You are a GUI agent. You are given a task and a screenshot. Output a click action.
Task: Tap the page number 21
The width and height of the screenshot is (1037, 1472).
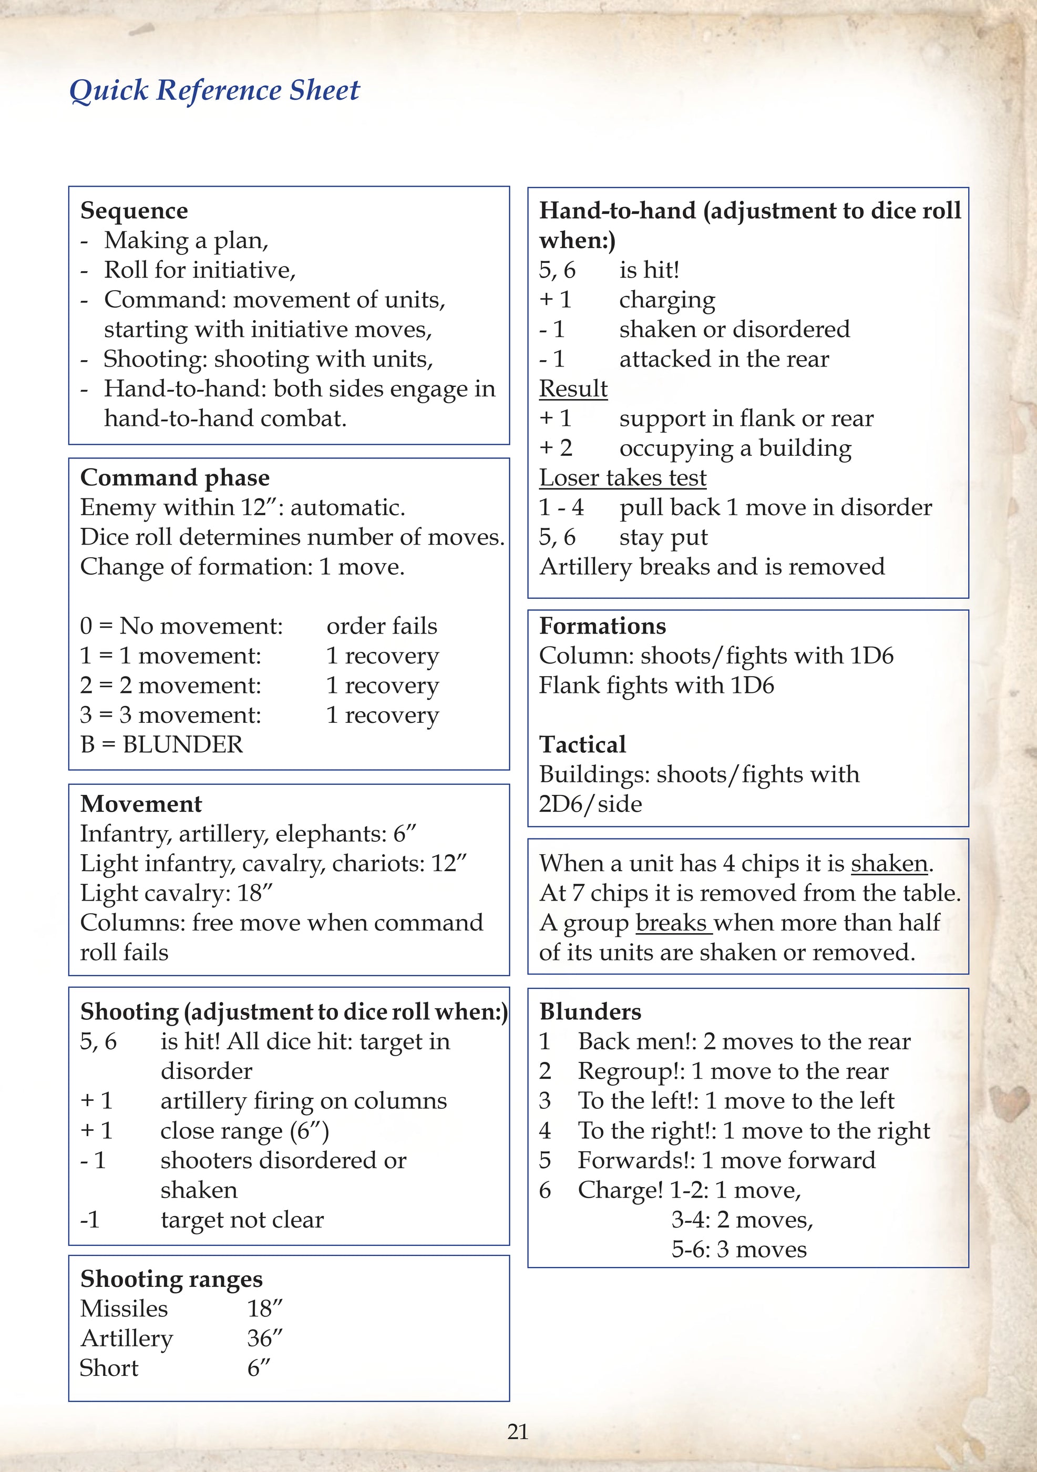point(517,1432)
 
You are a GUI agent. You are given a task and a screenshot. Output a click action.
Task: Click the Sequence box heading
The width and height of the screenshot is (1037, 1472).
point(134,210)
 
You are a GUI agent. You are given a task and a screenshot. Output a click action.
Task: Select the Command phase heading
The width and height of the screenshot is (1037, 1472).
point(174,478)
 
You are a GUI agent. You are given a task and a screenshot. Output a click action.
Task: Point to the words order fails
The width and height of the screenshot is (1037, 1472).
point(382,626)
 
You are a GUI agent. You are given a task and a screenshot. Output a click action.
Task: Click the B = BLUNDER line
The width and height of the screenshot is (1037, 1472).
point(161,744)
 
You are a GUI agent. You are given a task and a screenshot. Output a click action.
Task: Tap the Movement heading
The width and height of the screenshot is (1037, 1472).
point(141,804)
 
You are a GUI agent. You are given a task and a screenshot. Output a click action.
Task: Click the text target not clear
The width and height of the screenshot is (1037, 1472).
point(242,1220)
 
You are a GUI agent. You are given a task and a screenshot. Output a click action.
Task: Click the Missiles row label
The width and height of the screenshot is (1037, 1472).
point(124,1309)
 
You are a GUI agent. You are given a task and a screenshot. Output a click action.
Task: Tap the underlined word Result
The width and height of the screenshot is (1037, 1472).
point(573,389)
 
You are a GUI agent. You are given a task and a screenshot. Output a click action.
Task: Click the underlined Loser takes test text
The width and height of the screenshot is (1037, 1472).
point(622,478)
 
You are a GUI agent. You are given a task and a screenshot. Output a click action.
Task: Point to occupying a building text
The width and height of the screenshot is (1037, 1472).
point(735,448)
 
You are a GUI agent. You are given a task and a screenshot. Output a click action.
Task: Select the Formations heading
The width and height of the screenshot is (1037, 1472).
point(602,626)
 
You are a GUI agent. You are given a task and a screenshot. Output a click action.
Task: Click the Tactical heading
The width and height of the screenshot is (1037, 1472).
point(582,744)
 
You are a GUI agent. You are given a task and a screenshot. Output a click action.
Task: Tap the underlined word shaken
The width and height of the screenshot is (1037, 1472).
point(889,864)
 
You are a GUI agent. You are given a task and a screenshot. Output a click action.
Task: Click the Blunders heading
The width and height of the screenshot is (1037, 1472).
point(590,1011)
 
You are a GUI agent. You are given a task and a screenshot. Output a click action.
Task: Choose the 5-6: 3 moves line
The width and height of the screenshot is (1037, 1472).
point(738,1249)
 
